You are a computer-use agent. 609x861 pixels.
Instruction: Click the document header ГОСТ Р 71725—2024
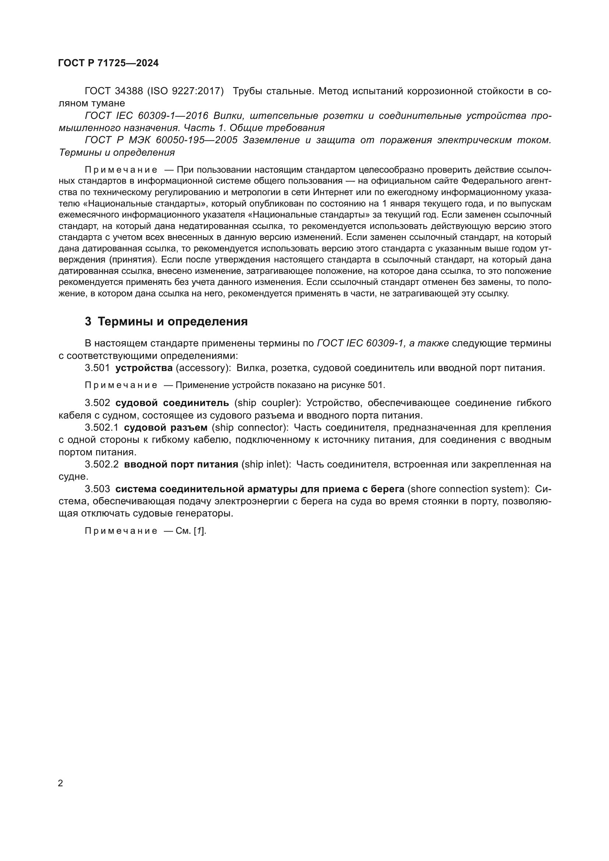pos(108,63)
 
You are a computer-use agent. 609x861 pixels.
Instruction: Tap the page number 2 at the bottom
pos(61,783)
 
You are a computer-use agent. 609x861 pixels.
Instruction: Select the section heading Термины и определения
pos(172,322)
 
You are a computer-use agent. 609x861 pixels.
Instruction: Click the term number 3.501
pos(97,368)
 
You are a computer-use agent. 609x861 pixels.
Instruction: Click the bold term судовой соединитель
pos(172,403)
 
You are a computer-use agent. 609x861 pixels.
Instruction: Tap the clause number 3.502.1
pos(102,428)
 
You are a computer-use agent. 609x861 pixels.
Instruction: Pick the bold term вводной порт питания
pos(181,465)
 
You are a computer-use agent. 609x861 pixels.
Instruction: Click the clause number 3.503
pos(97,489)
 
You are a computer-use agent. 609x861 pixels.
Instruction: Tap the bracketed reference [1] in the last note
pos(200,531)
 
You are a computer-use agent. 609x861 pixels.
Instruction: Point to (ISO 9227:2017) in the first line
pos(185,91)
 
